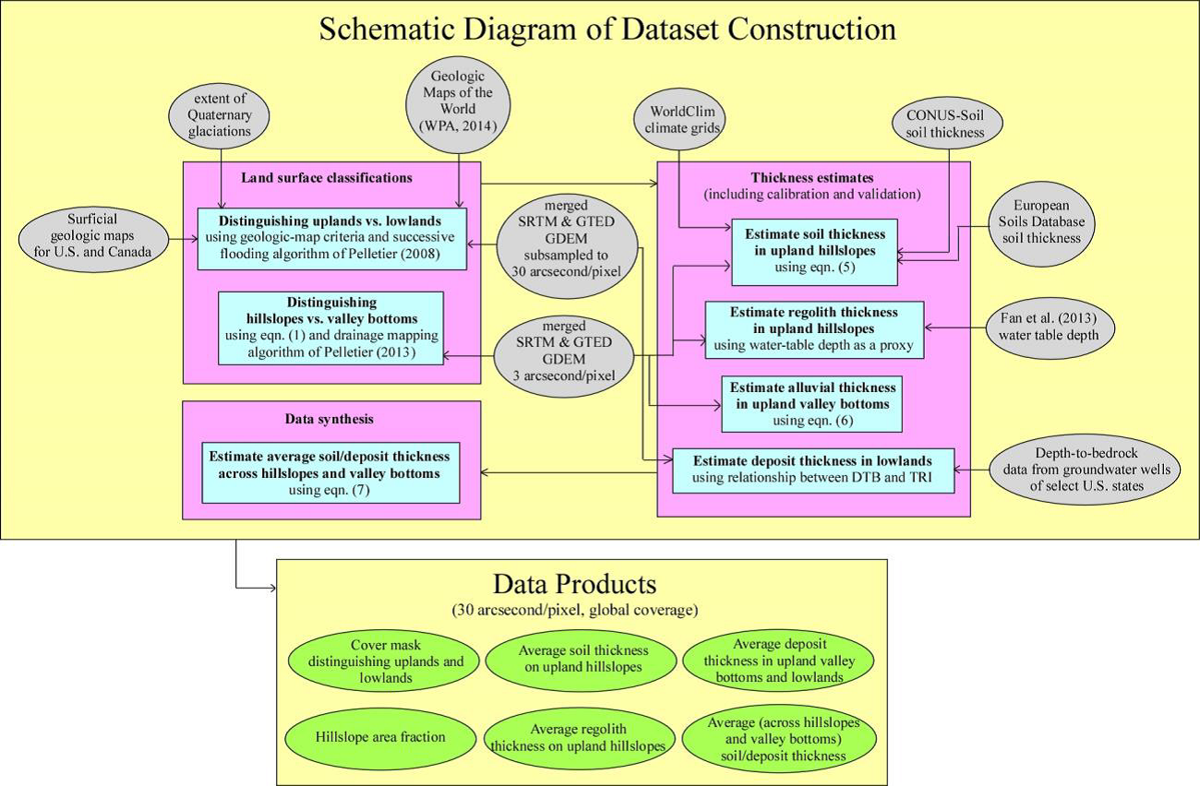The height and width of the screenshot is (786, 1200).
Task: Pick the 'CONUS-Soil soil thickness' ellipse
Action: click(x=950, y=125)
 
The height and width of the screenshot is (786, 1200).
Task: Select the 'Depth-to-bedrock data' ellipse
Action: click(x=1085, y=470)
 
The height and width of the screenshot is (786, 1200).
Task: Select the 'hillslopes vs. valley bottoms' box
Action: click(x=331, y=327)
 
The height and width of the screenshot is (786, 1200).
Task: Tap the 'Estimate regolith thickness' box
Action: click(x=814, y=328)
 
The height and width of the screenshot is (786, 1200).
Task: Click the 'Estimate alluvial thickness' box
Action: click(x=809, y=403)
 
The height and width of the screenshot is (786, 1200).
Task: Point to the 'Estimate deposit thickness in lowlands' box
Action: click(x=812, y=470)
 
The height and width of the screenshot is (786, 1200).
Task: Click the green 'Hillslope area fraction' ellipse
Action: click(x=380, y=736)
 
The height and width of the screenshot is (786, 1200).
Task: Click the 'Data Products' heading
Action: click(x=575, y=584)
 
